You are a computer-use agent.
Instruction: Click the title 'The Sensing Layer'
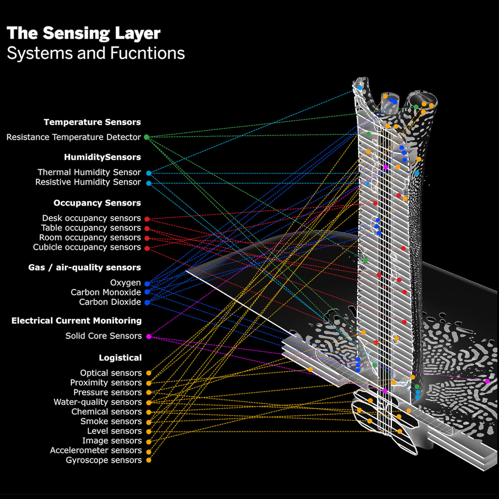tap(83, 33)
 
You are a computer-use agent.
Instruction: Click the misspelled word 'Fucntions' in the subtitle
tap(147, 53)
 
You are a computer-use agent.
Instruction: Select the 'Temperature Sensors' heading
tap(92, 122)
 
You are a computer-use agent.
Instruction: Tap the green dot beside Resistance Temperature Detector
tap(146, 137)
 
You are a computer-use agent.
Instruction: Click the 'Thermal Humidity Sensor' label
tap(89, 172)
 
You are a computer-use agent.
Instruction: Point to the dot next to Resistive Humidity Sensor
tap(149, 183)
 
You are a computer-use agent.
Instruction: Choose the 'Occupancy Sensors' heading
tap(97, 203)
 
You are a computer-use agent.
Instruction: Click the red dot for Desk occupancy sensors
tap(147, 219)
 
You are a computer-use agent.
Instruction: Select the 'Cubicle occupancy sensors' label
tap(87, 247)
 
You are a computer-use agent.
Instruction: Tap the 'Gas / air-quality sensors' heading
tap(84, 267)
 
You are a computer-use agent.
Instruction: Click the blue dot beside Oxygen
tap(147, 284)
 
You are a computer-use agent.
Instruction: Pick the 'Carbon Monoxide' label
tap(106, 292)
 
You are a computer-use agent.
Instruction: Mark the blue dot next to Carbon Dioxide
tap(147, 303)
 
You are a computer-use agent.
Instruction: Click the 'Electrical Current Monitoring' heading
tap(77, 321)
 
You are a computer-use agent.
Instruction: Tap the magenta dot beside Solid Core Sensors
tap(149, 337)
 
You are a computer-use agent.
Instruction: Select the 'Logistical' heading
tap(120, 358)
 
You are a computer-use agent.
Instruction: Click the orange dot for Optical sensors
tap(149, 373)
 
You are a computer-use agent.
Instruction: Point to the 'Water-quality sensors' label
tap(98, 402)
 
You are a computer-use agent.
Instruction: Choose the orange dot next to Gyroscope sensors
tap(149, 460)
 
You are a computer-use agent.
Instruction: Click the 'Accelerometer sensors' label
tap(96, 450)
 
